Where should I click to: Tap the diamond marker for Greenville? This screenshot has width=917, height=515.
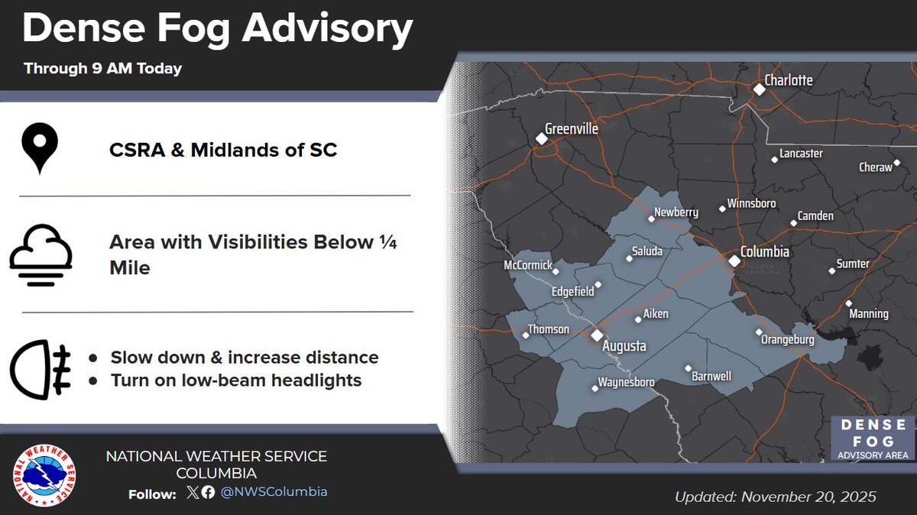pyautogui.click(x=541, y=139)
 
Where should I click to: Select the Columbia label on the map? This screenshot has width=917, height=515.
pyautogui.click(x=764, y=251)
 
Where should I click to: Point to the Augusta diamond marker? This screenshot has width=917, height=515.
pyautogui.click(x=596, y=335)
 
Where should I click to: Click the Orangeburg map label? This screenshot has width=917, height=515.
pyautogui.click(x=787, y=339)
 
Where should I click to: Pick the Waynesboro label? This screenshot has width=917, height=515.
pyautogui.click(x=626, y=381)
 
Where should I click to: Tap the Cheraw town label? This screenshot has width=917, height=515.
pyautogui.click(x=875, y=167)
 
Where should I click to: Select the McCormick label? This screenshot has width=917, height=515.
pyautogui.click(x=527, y=264)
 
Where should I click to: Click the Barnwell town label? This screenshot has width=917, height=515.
pyautogui.click(x=711, y=376)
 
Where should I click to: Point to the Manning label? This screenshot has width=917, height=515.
pyautogui.click(x=868, y=313)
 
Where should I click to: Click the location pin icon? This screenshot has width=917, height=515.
pyautogui.click(x=41, y=148)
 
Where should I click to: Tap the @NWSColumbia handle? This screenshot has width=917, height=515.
pyautogui.click(x=274, y=492)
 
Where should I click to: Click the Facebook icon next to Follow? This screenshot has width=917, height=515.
pyautogui.click(x=208, y=493)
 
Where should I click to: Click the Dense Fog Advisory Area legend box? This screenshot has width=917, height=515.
pyautogui.click(x=872, y=439)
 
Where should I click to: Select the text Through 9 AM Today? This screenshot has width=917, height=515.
pyautogui.click(x=102, y=68)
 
